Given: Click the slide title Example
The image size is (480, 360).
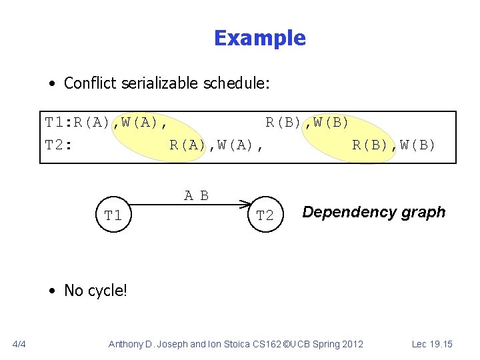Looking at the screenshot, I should click(x=259, y=38).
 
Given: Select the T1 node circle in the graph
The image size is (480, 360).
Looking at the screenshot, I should click(x=113, y=215).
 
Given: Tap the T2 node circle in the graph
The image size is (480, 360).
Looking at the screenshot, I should click(x=265, y=215).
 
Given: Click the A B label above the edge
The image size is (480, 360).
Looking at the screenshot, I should click(x=197, y=195).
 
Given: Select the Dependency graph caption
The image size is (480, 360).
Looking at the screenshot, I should click(x=373, y=212).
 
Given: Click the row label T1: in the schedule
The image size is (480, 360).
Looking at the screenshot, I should click(x=59, y=123).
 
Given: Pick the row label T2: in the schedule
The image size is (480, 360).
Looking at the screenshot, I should click(x=59, y=145).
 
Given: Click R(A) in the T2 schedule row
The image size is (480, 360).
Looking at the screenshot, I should click(x=187, y=145).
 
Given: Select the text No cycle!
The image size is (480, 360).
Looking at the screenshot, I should click(x=95, y=290).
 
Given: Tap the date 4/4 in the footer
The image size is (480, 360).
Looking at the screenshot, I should click(x=19, y=344).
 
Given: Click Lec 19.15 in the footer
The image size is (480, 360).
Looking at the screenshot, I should click(x=432, y=344).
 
